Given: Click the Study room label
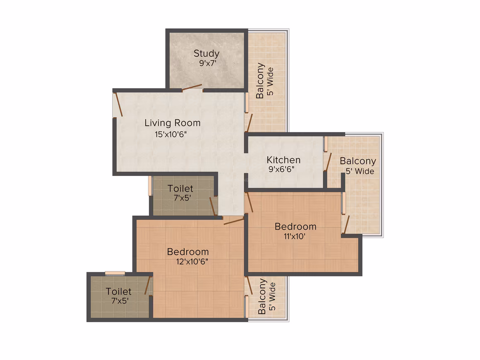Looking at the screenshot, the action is point(206,53).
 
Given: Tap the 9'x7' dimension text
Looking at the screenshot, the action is point(208,63).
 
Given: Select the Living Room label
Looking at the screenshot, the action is point(173,123).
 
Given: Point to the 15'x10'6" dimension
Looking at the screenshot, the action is point(170,134).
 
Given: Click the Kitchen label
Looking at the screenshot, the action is point(283,160).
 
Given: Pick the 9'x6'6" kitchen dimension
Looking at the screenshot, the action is point(281,169).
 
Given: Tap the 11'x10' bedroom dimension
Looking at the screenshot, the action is point(295,236).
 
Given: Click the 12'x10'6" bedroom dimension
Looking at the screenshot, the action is point(192,262).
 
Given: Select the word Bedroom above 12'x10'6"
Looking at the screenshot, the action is point(188,252).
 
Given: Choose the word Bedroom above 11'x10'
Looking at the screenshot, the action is point(295,226).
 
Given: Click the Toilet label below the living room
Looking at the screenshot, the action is point(180,188).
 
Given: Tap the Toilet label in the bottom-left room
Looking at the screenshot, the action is point(118,291).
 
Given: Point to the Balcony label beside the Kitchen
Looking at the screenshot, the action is point(358,161).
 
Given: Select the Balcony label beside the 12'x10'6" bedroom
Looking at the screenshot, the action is point(262,296).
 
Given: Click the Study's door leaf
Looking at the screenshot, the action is point(192,88).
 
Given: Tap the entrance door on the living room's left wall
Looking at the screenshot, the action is point(119,105).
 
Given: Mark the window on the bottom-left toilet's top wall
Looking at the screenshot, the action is point(115,273).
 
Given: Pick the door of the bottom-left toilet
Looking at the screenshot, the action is point(148,286).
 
